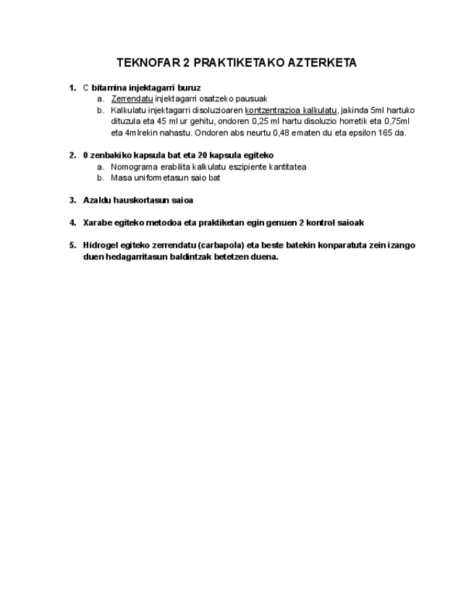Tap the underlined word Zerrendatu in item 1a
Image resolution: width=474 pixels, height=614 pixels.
[132, 98]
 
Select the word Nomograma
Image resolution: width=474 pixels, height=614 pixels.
[134, 167]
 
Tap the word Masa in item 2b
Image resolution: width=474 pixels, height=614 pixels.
[122, 178]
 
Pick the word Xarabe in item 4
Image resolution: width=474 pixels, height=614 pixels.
[98, 222]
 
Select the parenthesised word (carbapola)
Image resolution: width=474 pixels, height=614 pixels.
[220, 245]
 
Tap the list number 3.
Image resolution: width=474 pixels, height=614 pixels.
[72, 200]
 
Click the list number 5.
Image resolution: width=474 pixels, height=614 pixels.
[72, 245]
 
